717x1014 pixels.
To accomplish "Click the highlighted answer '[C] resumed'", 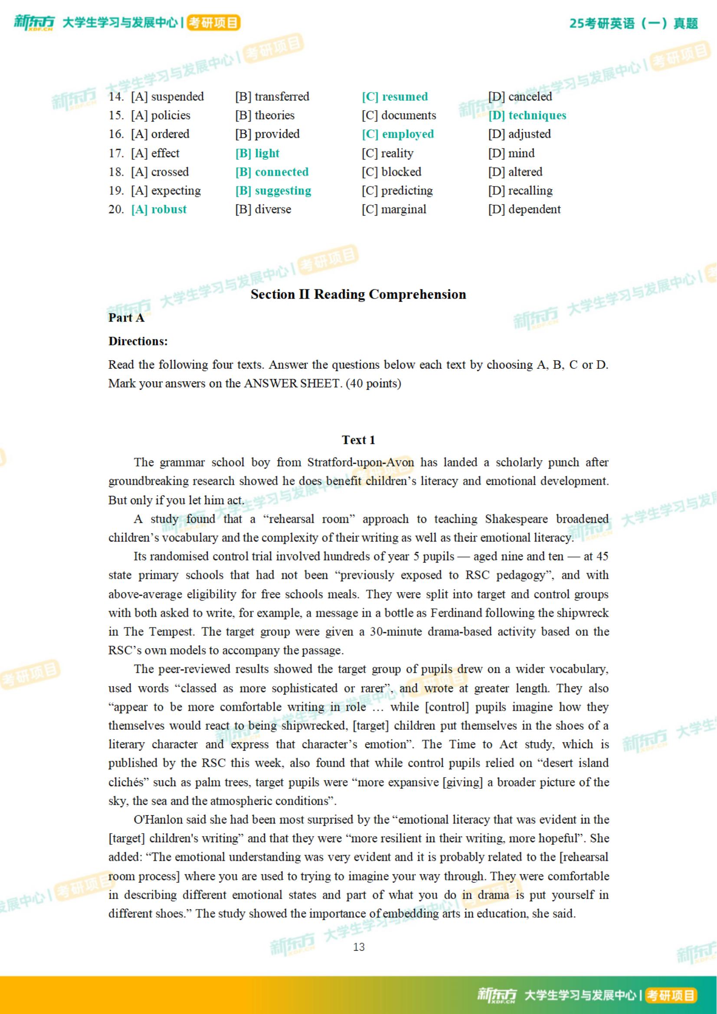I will point(395,97).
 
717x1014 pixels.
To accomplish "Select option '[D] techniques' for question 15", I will point(527,116).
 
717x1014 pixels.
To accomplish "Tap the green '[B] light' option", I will point(257,153).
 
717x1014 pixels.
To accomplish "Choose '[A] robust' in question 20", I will point(159,209).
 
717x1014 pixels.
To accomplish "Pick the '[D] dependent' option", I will point(524,209).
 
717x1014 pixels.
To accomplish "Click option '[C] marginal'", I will point(394,209).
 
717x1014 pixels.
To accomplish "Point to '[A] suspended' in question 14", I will point(167,97).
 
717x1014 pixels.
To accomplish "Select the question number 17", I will point(116,153).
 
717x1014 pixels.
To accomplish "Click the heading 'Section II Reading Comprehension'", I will point(358,295).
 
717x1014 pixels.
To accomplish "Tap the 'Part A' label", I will point(126,318).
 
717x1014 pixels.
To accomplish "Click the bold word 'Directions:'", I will point(138,341).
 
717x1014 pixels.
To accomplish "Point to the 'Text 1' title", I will point(358,440).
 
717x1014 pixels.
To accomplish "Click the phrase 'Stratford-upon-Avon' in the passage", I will point(361,463).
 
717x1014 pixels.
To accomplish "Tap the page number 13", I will point(358,947).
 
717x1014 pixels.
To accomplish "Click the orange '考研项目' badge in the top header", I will point(214,23).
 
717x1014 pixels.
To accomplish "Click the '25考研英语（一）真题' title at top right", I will point(633,23).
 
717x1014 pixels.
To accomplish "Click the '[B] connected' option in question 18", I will point(272,172).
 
